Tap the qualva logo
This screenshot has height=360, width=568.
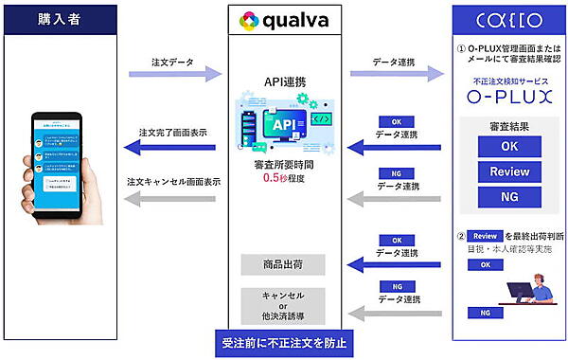tap(284, 19)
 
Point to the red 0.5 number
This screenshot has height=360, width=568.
tap(273, 177)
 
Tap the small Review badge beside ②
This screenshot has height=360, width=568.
tap(485, 236)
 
